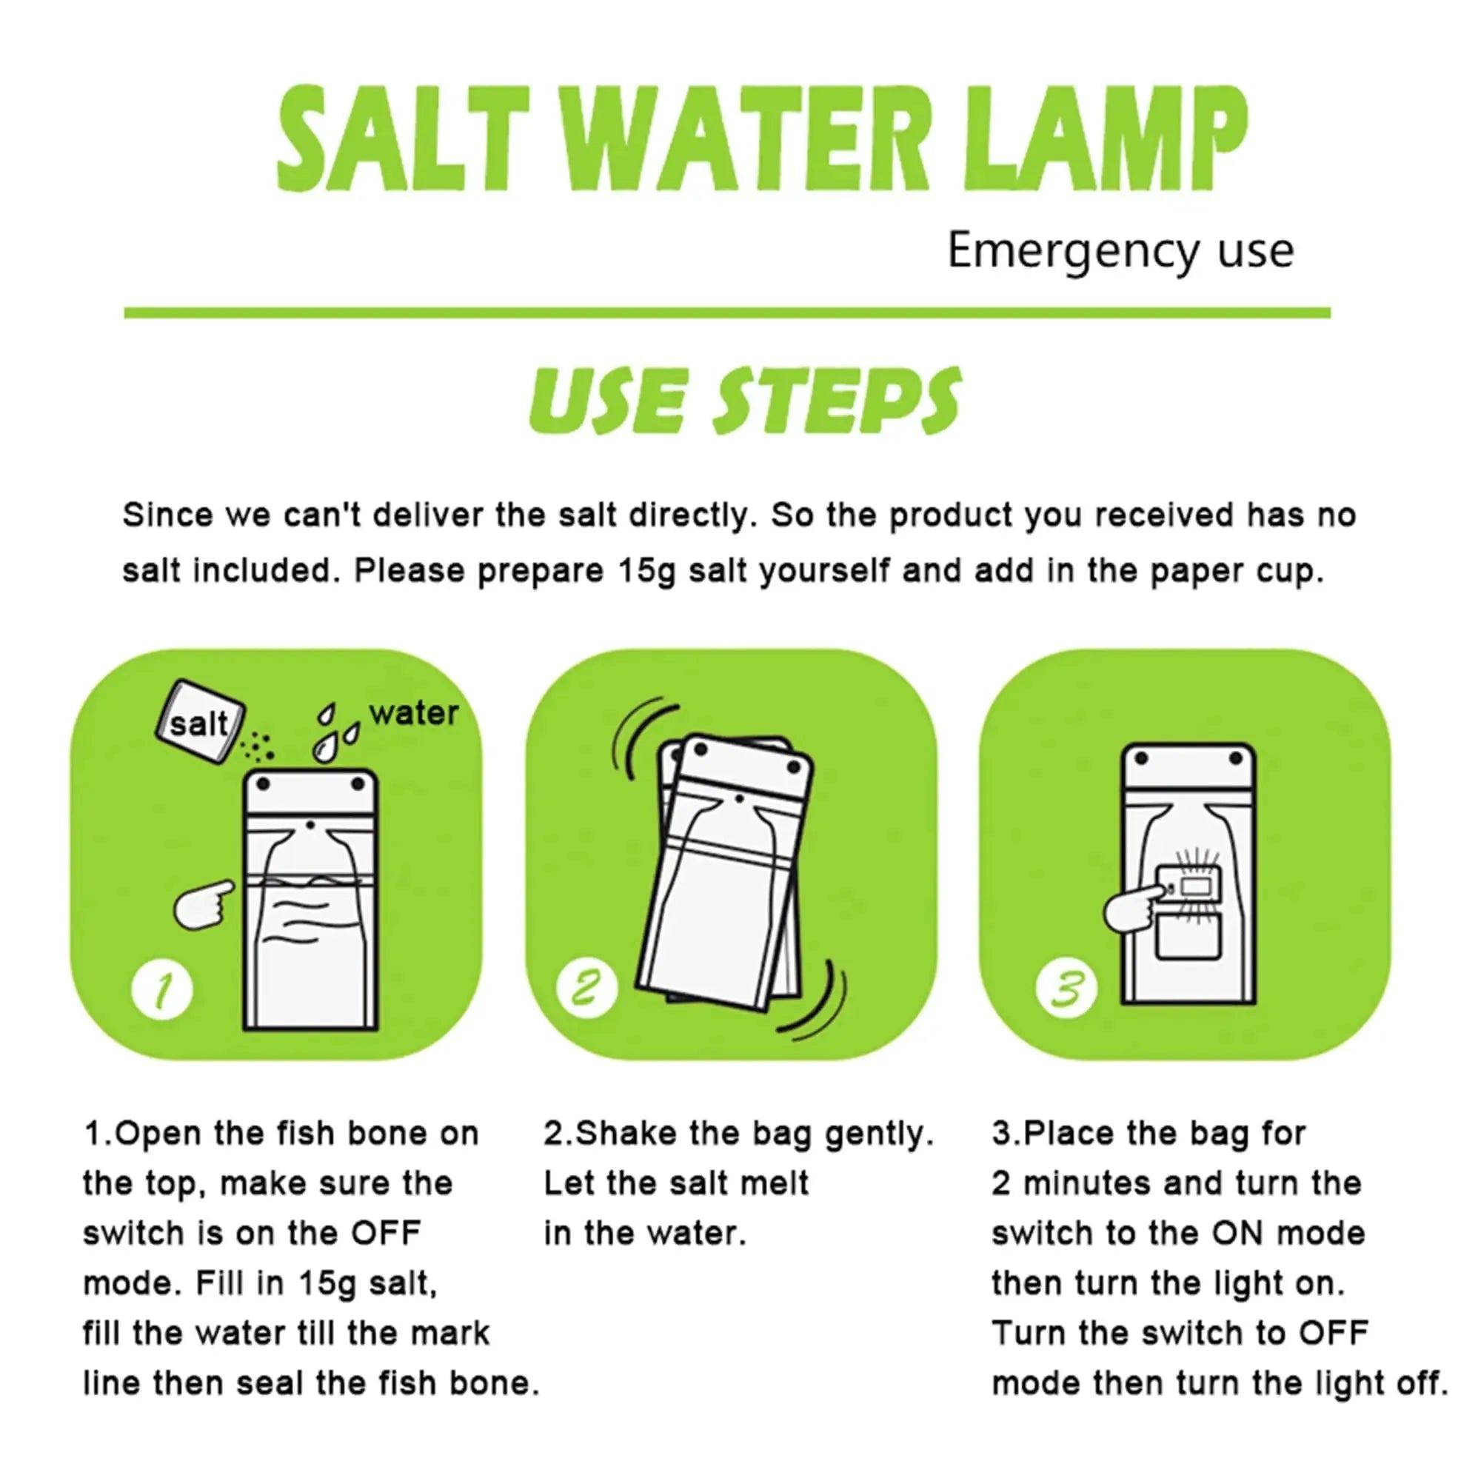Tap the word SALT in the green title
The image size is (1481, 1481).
click(x=402, y=139)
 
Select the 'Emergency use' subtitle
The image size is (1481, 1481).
click(x=1120, y=251)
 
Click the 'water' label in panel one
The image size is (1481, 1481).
click(x=414, y=713)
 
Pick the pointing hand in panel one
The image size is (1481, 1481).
click(x=201, y=906)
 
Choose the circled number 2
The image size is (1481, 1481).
click(x=587, y=989)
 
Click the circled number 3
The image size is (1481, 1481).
click(x=1066, y=989)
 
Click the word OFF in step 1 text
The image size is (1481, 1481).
click(x=387, y=1234)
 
